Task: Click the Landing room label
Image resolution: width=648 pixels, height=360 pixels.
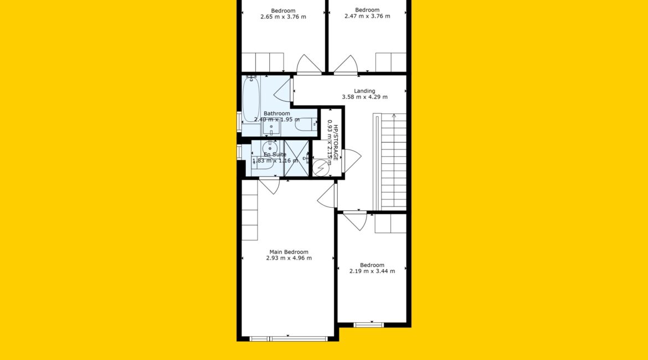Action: coord(364,91)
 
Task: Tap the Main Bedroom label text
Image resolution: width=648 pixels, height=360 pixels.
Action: coord(289,251)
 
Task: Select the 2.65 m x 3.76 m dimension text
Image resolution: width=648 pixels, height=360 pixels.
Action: coord(283,17)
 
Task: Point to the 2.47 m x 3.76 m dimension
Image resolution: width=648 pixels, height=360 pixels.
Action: coord(367,16)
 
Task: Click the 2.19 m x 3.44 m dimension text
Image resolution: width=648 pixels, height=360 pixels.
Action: coord(372,271)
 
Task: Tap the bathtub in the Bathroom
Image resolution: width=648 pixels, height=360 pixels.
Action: coord(251,99)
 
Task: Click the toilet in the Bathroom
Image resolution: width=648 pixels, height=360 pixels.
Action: coord(306,125)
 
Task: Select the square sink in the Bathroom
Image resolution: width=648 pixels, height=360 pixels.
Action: coord(271,127)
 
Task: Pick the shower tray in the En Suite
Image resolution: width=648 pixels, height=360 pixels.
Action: coord(296,158)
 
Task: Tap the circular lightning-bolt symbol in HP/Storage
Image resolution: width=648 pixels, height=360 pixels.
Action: coord(320,168)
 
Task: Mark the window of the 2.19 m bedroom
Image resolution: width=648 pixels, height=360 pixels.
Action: coord(369,325)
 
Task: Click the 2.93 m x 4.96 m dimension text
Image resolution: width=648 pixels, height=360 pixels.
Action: coord(289,258)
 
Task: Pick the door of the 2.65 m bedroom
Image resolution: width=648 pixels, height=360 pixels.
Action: coord(308,64)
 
